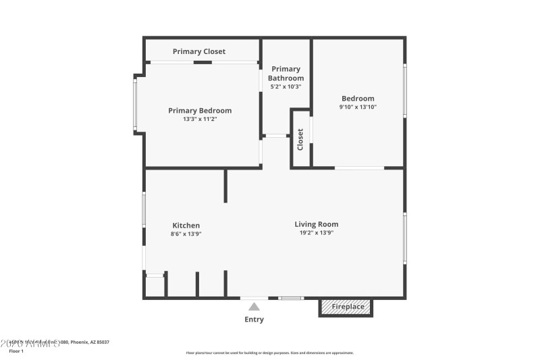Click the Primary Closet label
tap(199, 51)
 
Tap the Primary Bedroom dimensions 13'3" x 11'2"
tap(200, 119)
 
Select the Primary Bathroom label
tap(286, 74)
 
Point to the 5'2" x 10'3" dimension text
tap(286, 86)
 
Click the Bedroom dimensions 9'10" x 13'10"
tap(358, 107)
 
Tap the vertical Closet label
tap(300, 139)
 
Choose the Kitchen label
tap(186, 226)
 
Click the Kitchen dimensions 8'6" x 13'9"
tap(186, 234)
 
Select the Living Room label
tap(317, 224)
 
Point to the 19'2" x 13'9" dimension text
tap(317, 232)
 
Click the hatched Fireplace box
tap(346, 307)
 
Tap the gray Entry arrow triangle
tap(254, 307)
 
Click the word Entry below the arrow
tap(254, 319)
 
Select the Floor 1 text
tap(16, 351)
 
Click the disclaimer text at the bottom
tap(269, 353)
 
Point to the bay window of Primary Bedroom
tap(136, 105)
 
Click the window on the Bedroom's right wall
tap(405, 90)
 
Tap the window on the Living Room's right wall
tap(405, 238)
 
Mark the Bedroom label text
tap(358, 99)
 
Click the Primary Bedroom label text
tap(200, 111)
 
